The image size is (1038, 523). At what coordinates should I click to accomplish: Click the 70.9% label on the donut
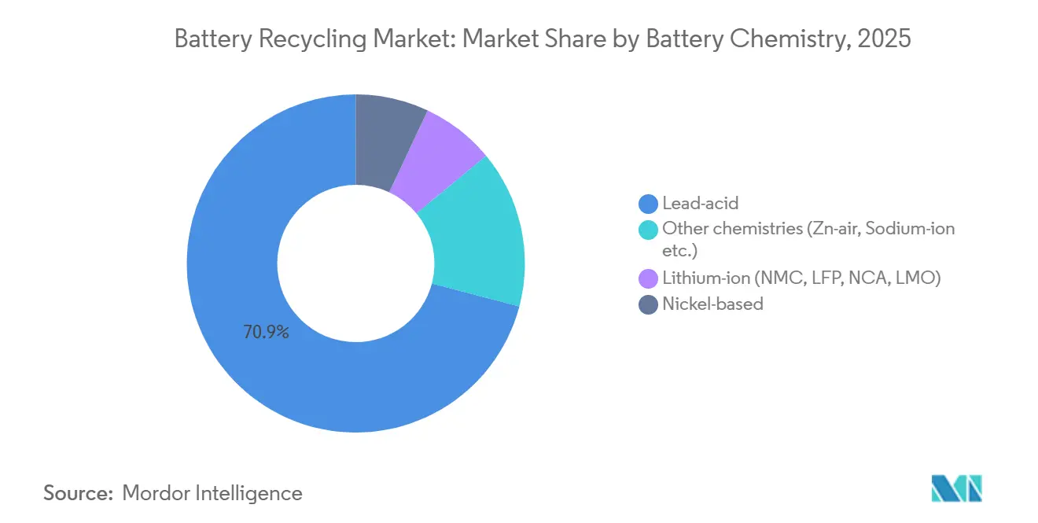click(266, 333)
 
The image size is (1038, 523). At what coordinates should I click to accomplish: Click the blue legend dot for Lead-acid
click(648, 204)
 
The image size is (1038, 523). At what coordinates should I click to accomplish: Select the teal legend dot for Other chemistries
click(648, 229)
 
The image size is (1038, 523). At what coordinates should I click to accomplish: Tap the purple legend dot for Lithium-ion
click(648, 278)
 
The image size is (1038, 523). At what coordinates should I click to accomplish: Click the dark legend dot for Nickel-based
click(648, 304)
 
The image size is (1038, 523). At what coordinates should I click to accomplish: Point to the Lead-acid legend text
click(700, 204)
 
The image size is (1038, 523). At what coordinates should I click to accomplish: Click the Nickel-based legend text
click(712, 304)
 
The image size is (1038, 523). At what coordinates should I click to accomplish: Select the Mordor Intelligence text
click(212, 493)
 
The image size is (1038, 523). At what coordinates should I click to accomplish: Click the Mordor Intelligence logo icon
click(956, 488)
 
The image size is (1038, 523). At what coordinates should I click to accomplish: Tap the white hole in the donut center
click(355, 263)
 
